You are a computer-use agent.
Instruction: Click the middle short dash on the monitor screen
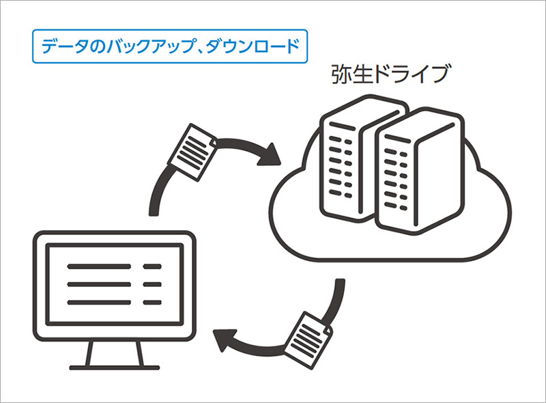click(x=152, y=284)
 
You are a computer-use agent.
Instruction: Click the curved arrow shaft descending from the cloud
click(x=334, y=301)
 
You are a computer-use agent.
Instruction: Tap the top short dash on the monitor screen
click(x=152, y=266)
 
